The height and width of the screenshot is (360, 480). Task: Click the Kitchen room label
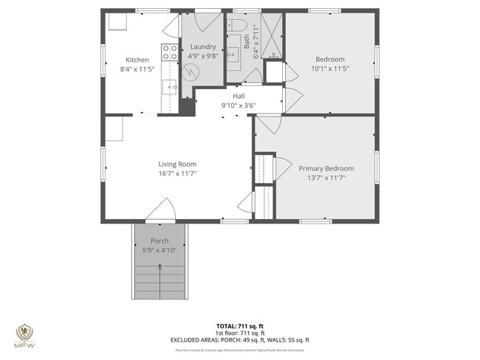[x=137, y=60]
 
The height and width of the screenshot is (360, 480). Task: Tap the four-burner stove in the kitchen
[x=170, y=52]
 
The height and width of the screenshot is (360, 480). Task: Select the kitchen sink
[x=171, y=88]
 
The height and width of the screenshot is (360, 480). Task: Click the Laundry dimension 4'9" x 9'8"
[x=203, y=55]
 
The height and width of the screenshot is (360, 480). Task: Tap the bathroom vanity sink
[x=233, y=54]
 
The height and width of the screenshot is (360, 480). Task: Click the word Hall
[x=239, y=96]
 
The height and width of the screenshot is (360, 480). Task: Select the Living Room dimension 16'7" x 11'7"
[x=177, y=173]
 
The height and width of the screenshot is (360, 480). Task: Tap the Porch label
[x=160, y=241]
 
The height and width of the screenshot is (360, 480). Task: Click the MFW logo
[x=24, y=336]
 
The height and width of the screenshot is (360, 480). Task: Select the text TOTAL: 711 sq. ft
[x=239, y=325]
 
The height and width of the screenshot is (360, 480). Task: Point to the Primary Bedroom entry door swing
[x=267, y=124]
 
